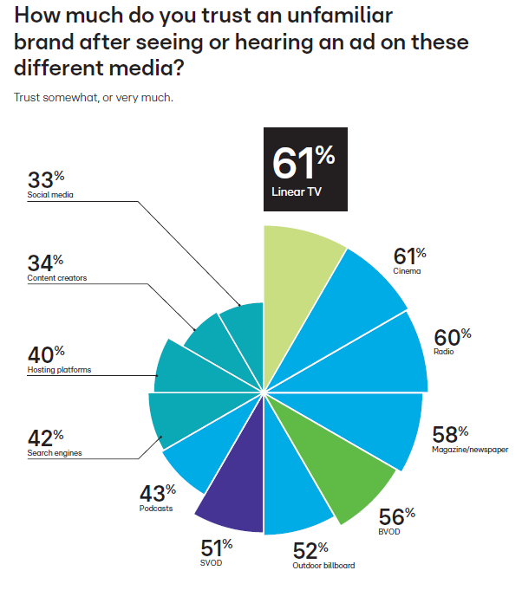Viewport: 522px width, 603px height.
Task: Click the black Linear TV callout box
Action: click(304, 170)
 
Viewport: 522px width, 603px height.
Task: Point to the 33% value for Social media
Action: click(47, 180)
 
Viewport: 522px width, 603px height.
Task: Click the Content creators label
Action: click(57, 278)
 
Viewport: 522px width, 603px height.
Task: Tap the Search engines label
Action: click(55, 452)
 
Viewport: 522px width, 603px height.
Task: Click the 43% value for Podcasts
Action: click(157, 493)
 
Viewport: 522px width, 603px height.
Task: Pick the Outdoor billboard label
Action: click(322, 566)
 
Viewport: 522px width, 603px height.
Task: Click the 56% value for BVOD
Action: click(396, 515)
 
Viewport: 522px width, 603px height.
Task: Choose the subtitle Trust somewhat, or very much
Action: click(93, 97)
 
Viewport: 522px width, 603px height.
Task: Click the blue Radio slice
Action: click(382, 355)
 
